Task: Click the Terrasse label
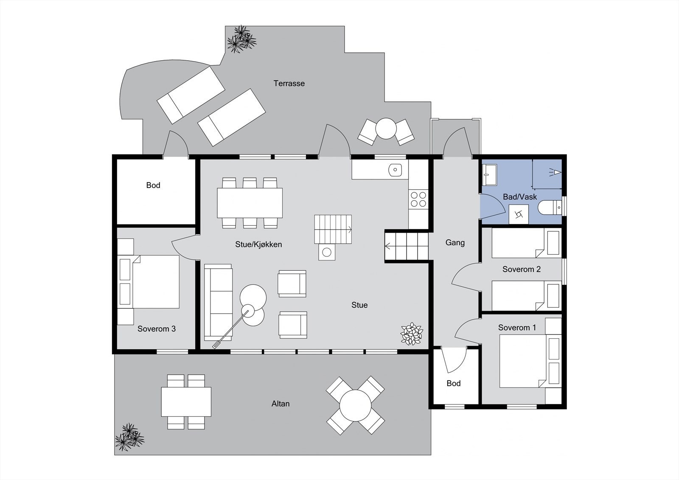point(289,83)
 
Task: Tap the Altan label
point(281,404)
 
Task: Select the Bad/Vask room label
point(520,197)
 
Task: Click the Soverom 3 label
point(157,328)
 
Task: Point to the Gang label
point(455,243)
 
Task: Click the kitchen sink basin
point(395,170)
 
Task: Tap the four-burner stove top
point(418,199)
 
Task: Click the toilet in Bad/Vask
point(550,208)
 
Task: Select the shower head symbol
point(556,172)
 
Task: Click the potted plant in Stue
point(411,334)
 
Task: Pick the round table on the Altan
point(355,406)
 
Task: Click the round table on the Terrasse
point(386,129)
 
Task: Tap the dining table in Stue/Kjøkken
point(250,203)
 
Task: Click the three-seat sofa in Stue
point(218,302)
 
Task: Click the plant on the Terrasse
point(241,39)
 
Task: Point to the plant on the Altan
point(129,437)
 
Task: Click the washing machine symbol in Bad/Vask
point(519,214)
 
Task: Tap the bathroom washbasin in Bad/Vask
point(490,175)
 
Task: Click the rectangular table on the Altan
point(186,402)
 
